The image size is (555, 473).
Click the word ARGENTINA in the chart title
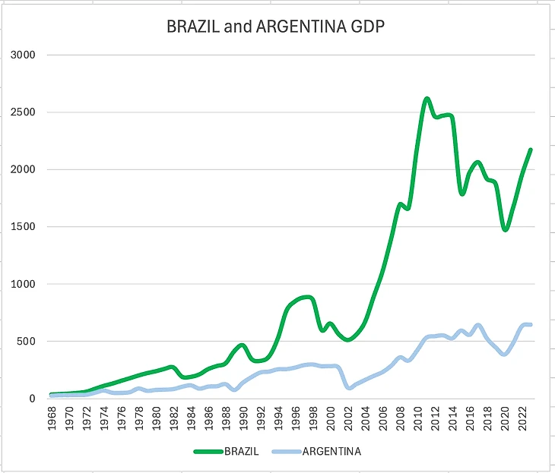[291, 28]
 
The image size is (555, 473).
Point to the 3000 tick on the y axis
[23, 55]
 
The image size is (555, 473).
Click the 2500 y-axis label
[23, 112]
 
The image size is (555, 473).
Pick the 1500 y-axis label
[23, 227]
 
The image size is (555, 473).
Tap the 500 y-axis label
[26, 342]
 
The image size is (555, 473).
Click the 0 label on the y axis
[32, 399]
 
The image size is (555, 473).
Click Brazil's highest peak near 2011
[427, 99]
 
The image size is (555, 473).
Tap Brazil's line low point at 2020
[506, 229]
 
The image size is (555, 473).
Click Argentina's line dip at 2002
[348, 387]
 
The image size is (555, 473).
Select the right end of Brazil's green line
[531, 150]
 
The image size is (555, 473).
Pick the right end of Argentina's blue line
[531, 325]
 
